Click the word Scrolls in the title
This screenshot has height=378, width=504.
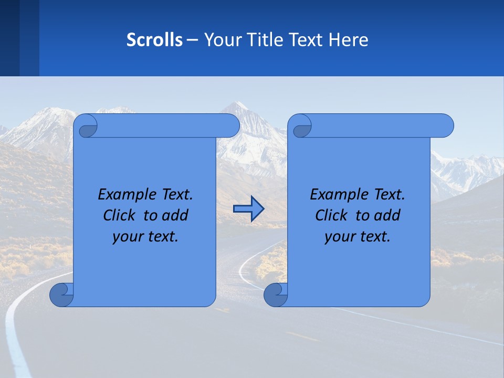[x=155, y=40]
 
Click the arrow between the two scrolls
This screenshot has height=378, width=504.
[x=248, y=209]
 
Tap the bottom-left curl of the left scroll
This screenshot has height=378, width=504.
[x=61, y=295]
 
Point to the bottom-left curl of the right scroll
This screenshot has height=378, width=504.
[x=275, y=295]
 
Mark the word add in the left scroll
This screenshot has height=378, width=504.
[x=176, y=215]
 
